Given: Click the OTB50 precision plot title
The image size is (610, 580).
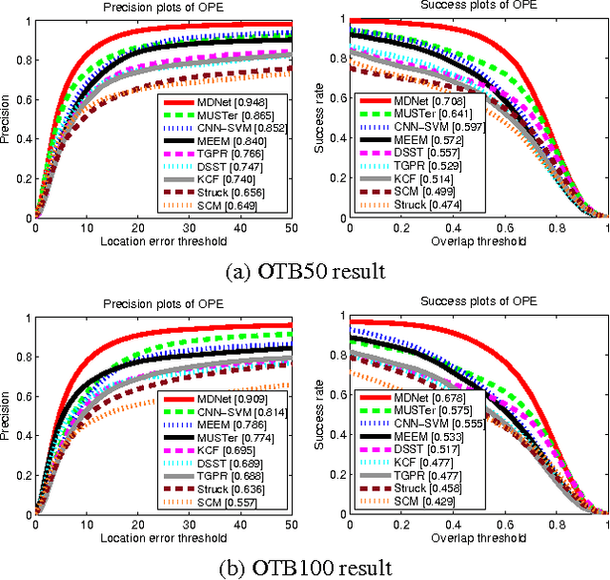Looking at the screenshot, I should point(164,10).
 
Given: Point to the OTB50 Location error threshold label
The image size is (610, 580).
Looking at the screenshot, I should point(164,240).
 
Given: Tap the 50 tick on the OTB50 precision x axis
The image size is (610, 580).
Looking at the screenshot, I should point(292,228).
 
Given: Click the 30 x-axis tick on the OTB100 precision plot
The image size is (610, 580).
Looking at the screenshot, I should point(189,524).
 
